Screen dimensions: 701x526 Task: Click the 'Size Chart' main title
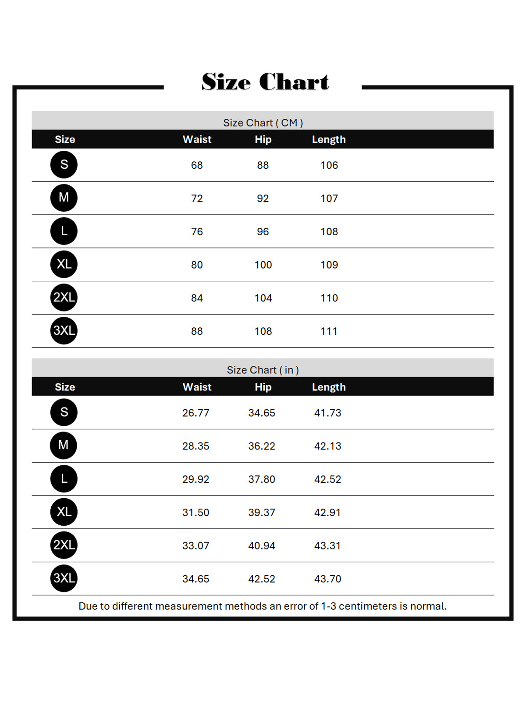click(x=265, y=82)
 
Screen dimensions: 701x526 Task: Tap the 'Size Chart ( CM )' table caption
click(x=263, y=123)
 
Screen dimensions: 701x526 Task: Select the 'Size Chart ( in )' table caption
click(x=263, y=370)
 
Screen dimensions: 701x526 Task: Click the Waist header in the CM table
click(x=197, y=139)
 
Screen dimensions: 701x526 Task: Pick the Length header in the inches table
click(x=329, y=387)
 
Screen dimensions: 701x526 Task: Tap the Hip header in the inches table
click(x=263, y=387)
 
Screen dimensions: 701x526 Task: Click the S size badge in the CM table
click(x=64, y=165)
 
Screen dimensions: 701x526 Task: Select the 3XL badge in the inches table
click(x=64, y=578)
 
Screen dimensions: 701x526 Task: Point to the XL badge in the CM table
click(x=64, y=264)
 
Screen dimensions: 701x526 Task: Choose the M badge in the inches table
click(x=64, y=445)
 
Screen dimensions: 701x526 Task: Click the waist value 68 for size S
click(x=197, y=165)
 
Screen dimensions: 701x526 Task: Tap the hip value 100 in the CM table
click(x=263, y=265)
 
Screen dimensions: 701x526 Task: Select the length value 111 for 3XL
click(x=329, y=331)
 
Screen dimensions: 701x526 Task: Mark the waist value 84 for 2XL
click(x=197, y=298)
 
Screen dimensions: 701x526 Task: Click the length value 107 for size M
click(x=329, y=198)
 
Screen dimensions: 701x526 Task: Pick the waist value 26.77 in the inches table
click(x=195, y=413)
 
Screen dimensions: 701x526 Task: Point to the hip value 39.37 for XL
click(x=262, y=512)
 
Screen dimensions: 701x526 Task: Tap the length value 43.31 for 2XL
click(x=327, y=545)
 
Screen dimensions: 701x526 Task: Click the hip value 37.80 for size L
click(x=262, y=479)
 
